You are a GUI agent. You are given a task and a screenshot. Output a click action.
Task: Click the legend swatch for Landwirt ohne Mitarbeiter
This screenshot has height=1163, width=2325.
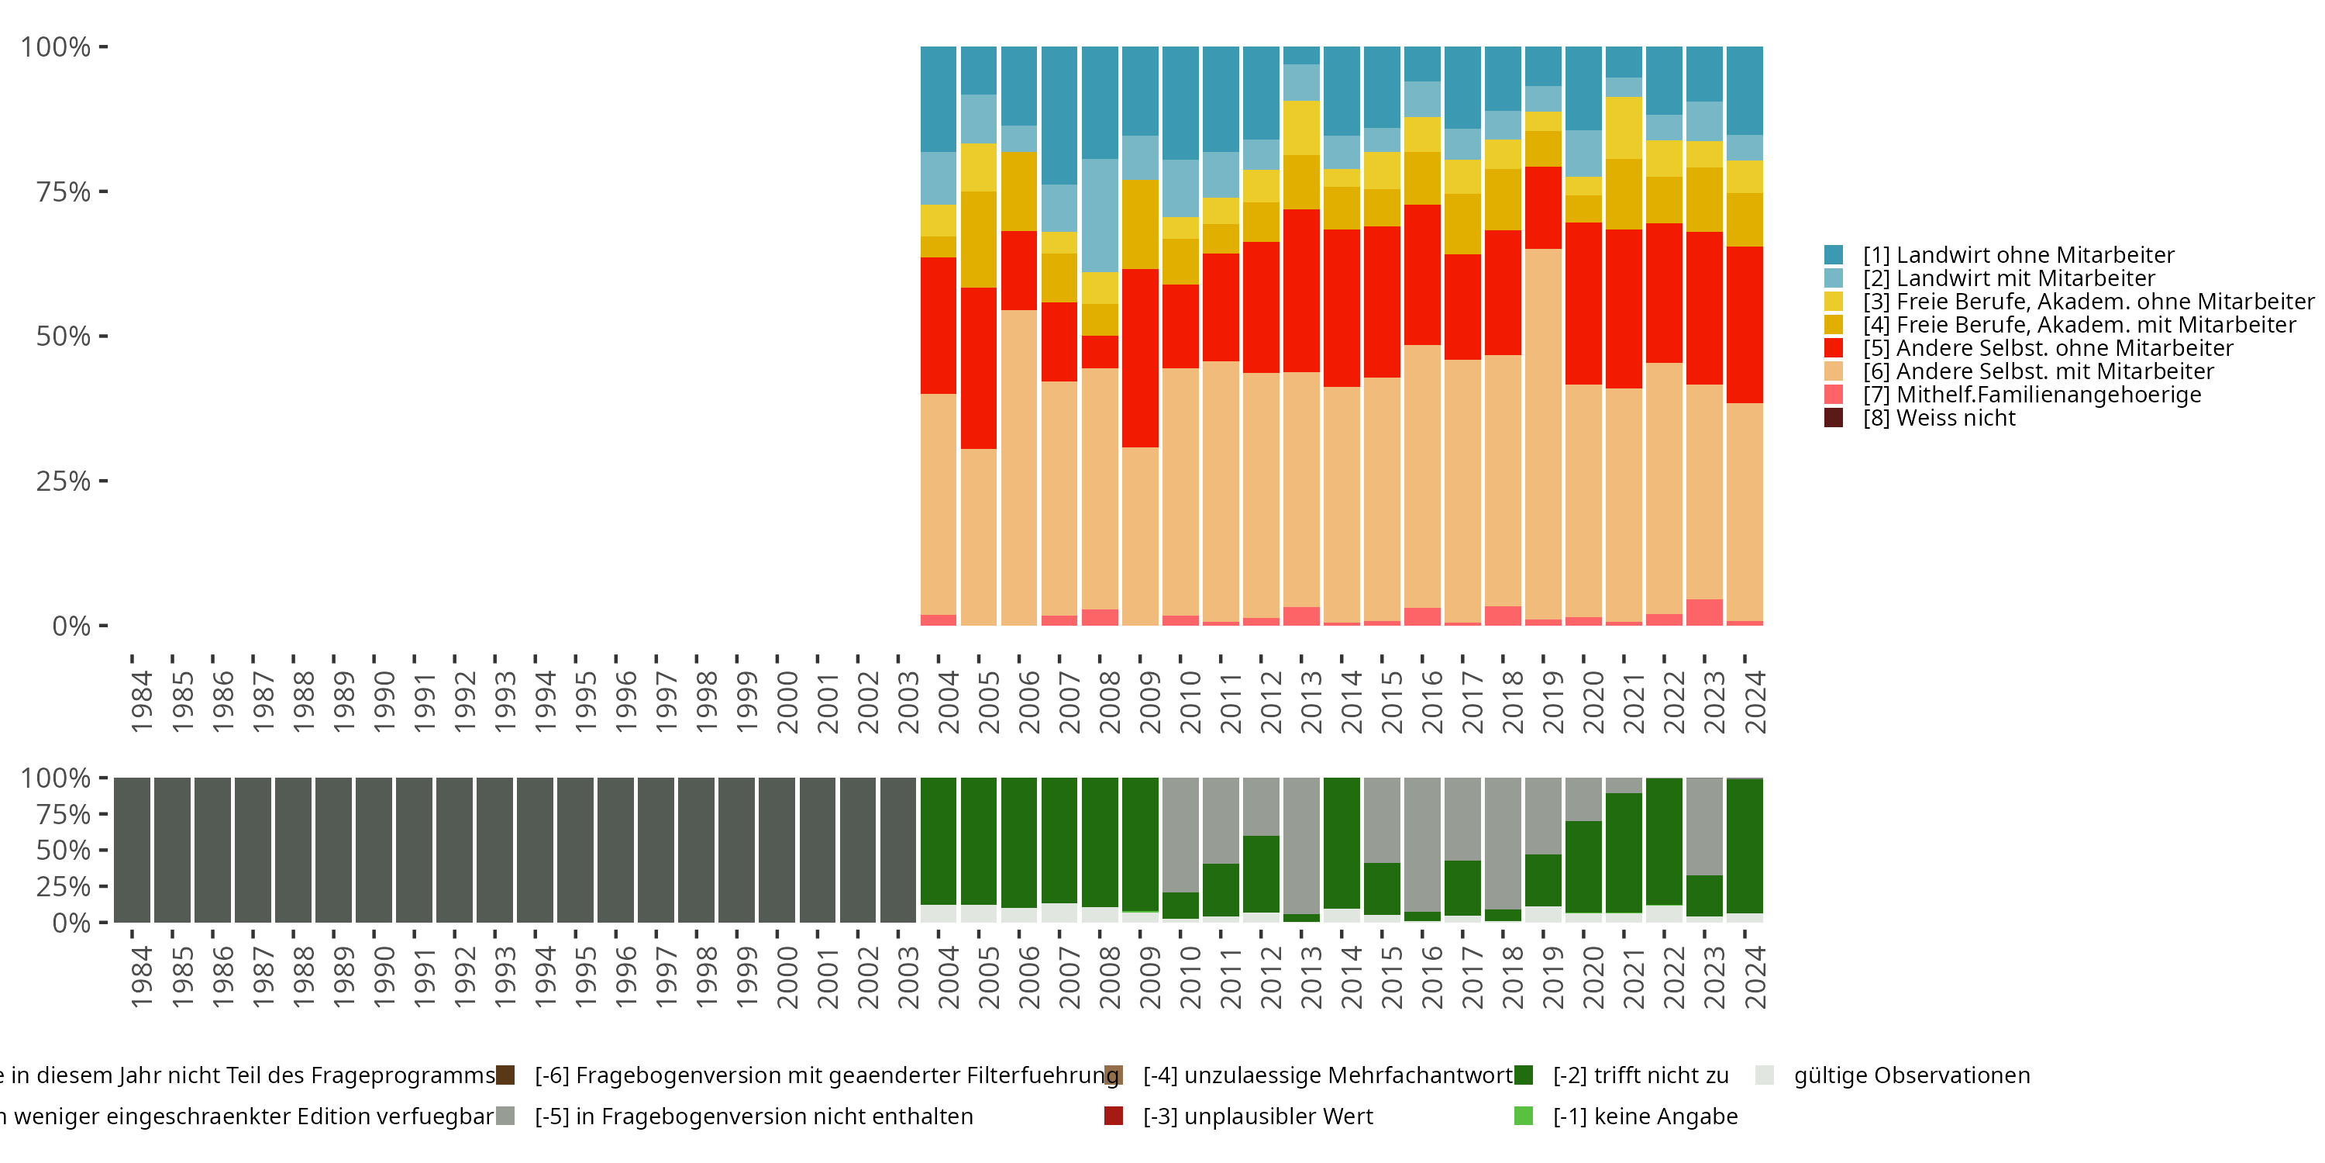(x=1833, y=254)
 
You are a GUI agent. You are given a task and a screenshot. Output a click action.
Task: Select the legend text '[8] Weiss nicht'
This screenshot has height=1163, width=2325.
(x=1939, y=418)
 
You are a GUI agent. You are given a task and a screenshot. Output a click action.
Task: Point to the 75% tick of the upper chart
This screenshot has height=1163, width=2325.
(x=103, y=192)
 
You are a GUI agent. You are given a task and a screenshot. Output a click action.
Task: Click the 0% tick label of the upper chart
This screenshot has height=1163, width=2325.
(x=71, y=626)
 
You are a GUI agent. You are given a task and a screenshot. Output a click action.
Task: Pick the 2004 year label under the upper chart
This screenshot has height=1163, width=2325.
(x=948, y=702)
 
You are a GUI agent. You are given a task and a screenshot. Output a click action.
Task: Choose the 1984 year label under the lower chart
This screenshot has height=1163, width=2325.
(x=142, y=977)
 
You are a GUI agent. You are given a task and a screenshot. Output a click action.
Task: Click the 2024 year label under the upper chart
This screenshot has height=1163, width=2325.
(x=1755, y=702)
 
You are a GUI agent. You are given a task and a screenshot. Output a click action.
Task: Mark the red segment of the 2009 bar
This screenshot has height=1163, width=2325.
(x=1140, y=357)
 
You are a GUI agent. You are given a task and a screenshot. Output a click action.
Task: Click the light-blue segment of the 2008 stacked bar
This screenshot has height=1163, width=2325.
(x=1099, y=215)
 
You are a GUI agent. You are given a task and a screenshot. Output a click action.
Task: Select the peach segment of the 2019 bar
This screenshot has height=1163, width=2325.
(x=1542, y=433)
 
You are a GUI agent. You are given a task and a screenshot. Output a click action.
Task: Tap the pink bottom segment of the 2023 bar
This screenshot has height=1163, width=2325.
(x=1704, y=613)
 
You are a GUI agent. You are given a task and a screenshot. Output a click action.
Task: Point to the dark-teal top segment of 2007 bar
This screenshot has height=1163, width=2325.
(x=1059, y=116)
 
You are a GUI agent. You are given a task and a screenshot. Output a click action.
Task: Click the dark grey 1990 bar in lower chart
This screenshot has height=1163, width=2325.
(x=374, y=850)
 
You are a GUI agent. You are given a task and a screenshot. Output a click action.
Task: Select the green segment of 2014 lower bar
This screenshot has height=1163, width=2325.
(x=1342, y=843)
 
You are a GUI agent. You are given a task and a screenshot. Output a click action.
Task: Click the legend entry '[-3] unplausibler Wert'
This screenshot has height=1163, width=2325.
(x=1257, y=1116)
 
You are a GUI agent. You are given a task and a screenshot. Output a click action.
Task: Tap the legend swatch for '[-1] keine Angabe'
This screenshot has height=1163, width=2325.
(x=1524, y=1116)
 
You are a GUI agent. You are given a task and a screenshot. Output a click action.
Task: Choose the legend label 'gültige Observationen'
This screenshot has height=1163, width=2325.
(x=1910, y=1075)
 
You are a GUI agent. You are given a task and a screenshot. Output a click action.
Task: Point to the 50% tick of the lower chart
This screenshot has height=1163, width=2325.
(x=103, y=850)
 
